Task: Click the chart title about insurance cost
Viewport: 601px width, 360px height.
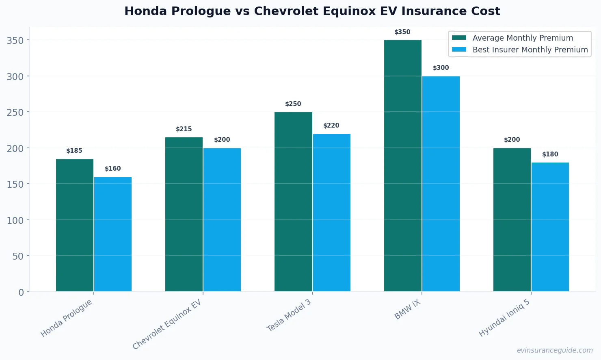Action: click(x=312, y=11)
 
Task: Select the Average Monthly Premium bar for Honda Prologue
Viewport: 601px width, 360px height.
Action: click(x=75, y=225)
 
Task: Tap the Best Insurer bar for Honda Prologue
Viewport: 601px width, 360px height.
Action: click(x=113, y=234)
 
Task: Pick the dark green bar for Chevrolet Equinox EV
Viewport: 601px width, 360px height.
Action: click(x=184, y=214)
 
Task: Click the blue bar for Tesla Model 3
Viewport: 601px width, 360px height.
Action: click(x=331, y=213)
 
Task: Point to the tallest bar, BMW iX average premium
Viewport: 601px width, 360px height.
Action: click(x=402, y=166)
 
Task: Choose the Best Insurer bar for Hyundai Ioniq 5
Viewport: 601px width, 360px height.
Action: click(x=550, y=227)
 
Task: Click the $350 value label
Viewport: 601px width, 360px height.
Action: click(x=402, y=32)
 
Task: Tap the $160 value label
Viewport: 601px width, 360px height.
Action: click(x=113, y=169)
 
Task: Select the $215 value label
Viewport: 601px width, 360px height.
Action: click(x=184, y=129)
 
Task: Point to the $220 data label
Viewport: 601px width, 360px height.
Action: click(x=331, y=126)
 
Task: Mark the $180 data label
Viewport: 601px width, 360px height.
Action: click(x=550, y=154)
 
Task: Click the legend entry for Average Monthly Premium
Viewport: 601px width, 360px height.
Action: click(x=523, y=38)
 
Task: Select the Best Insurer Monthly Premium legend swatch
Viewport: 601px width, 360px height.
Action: click(x=459, y=50)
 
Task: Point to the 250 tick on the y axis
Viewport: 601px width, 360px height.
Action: click(x=15, y=113)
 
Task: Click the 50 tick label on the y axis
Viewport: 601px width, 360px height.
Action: click(x=18, y=256)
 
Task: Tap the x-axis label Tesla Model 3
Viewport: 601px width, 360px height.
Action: click(x=289, y=315)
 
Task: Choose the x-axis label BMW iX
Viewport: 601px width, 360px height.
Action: click(x=407, y=310)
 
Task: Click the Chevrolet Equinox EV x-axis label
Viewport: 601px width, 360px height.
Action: click(x=167, y=325)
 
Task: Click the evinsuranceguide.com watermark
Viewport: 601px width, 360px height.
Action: click(x=554, y=350)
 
